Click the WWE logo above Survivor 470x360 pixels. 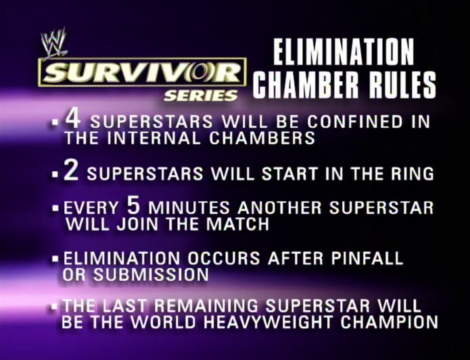[54, 42]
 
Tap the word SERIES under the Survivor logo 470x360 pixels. [201, 95]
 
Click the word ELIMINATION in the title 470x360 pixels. [344, 51]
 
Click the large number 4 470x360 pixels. [73, 118]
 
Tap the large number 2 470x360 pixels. [71, 171]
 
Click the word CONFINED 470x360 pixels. [355, 122]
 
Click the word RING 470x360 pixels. [412, 174]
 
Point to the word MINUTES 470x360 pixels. [189, 208]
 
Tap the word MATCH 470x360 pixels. [237, 224]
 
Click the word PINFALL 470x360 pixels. [367, 258]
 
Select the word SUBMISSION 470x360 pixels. [151, 275]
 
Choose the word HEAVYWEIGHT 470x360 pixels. [268, 322]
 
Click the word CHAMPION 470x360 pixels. [389, 322]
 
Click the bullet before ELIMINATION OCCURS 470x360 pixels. [55, 258]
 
